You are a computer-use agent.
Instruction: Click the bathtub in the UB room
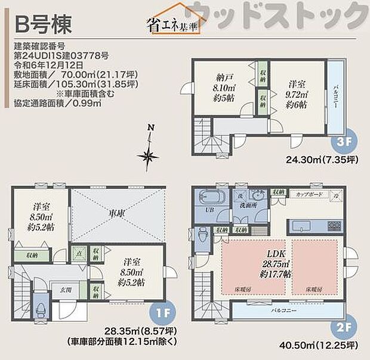point(211,198)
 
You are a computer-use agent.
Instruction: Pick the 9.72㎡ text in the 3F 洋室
point(296,95)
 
